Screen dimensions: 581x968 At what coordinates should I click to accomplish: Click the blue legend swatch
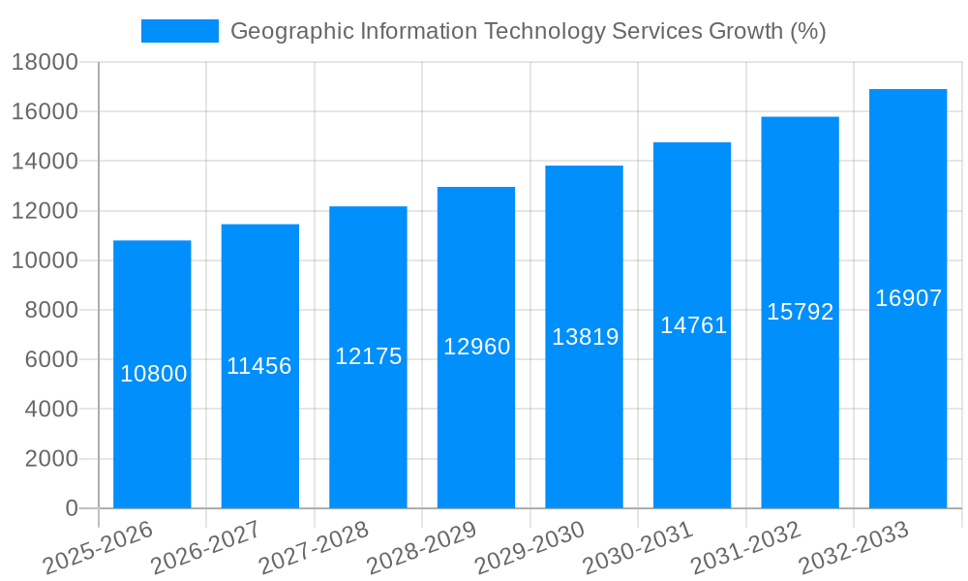[180, 31]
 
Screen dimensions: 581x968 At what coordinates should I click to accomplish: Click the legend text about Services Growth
[528, 31]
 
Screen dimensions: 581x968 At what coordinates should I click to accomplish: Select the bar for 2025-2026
[152, 374]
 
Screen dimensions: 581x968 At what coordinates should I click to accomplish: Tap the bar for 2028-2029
[476, 347]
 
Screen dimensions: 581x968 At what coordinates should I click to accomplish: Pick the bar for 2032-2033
[908, 298]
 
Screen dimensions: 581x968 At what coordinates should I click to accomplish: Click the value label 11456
[259, 366]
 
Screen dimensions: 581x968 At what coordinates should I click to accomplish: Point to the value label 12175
[368, 356]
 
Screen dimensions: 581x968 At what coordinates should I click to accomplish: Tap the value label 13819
[585, 337]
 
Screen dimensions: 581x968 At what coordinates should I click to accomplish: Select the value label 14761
[693, 325]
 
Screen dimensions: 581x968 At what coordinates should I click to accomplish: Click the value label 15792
[801, 312]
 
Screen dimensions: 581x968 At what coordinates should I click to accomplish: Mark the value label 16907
[908, 298]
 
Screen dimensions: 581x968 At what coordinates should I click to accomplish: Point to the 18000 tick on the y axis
[45, 63]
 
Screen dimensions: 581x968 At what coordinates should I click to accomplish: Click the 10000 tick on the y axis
[45, 261]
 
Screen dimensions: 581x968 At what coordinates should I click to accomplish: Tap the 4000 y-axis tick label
[50, 410]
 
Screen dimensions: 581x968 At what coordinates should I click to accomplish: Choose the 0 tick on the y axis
[71, 508]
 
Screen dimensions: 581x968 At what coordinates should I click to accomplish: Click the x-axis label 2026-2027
[206, 547]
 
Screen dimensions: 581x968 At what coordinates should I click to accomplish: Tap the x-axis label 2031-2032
[746, 547]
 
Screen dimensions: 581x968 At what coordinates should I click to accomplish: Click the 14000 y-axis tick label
[45, 162]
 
